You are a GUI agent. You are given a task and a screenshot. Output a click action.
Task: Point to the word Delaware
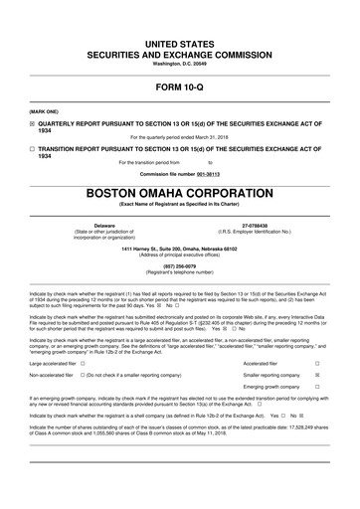point(103,198)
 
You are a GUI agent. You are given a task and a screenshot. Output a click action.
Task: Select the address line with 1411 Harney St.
point(179,220)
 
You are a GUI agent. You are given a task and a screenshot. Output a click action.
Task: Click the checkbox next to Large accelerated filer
point(82,336)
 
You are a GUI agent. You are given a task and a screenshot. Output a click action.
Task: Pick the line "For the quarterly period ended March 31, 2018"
point(179,136)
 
